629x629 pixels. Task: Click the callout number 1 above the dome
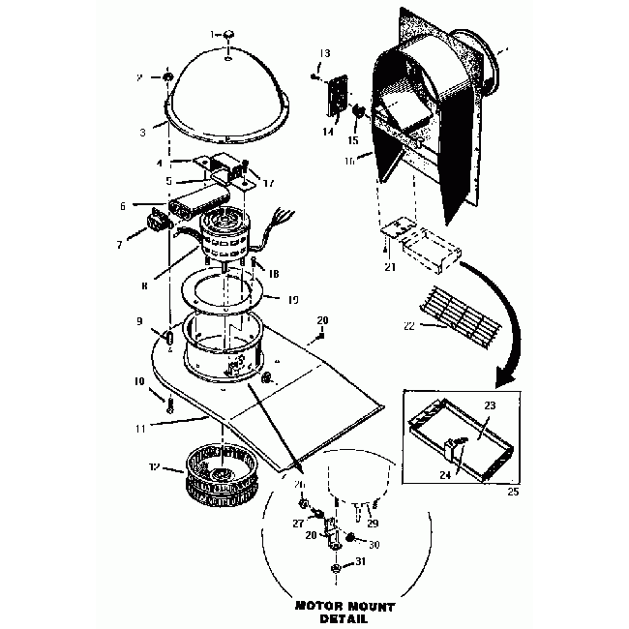pyautogui.click(x=214, y=35)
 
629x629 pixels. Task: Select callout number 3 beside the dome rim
pyautogui.click(x=142, y=129)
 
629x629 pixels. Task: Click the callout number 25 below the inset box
pyautogui.click(x=512, y=491)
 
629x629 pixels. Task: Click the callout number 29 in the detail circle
pyautogui.click(x=372, y=523)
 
